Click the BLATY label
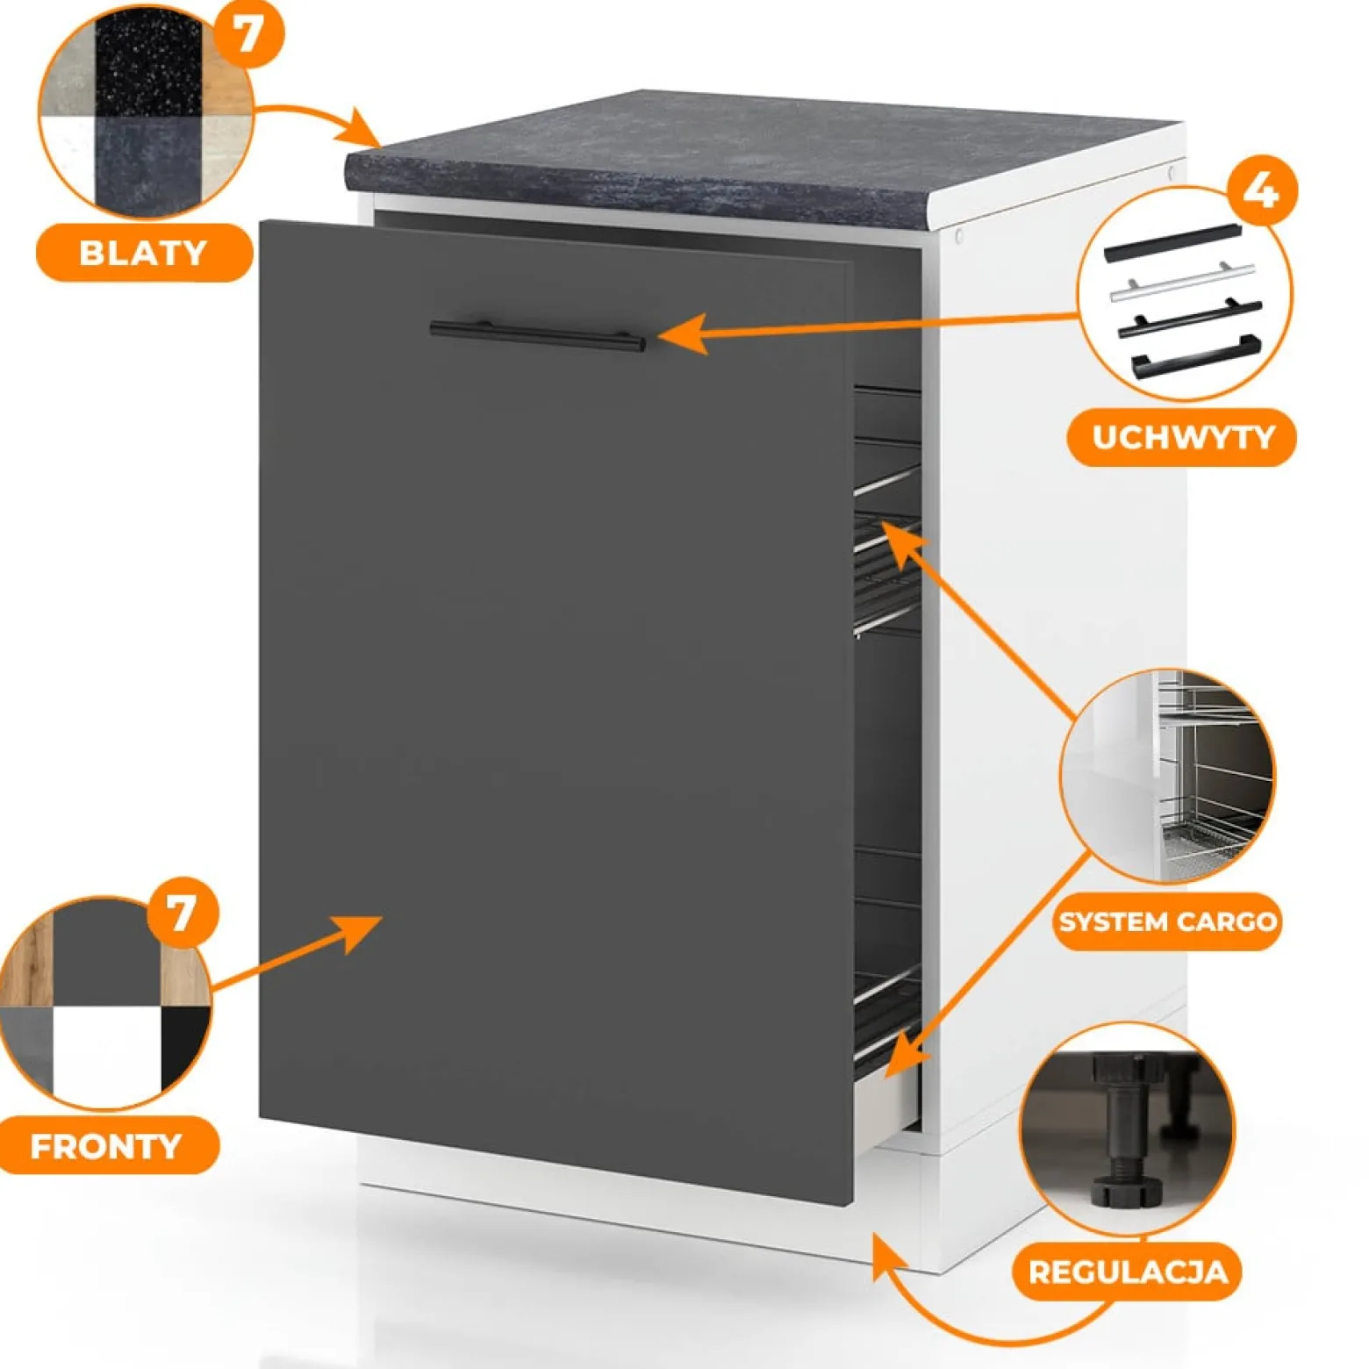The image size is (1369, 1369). tap(144, 253)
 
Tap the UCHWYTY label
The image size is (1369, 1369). tap(1181, 437)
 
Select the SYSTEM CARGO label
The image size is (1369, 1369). tap(1167, 921)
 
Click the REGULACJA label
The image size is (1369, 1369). tap(1128, 1272)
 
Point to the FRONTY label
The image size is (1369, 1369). tap(107, 1145)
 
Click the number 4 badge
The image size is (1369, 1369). tap(1261, 190)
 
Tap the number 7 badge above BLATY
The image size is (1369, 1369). tap(248, 33)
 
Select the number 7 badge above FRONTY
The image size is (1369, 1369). tap(182, 913)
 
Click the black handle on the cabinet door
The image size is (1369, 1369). tap(537, 335)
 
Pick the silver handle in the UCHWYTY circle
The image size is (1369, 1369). tap(1182, 282)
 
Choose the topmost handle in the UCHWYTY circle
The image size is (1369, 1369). tap(1172, 243)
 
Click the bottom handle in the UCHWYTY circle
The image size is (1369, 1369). tap(1195, 355)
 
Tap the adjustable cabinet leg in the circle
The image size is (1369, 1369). tap(1127, 1132)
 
